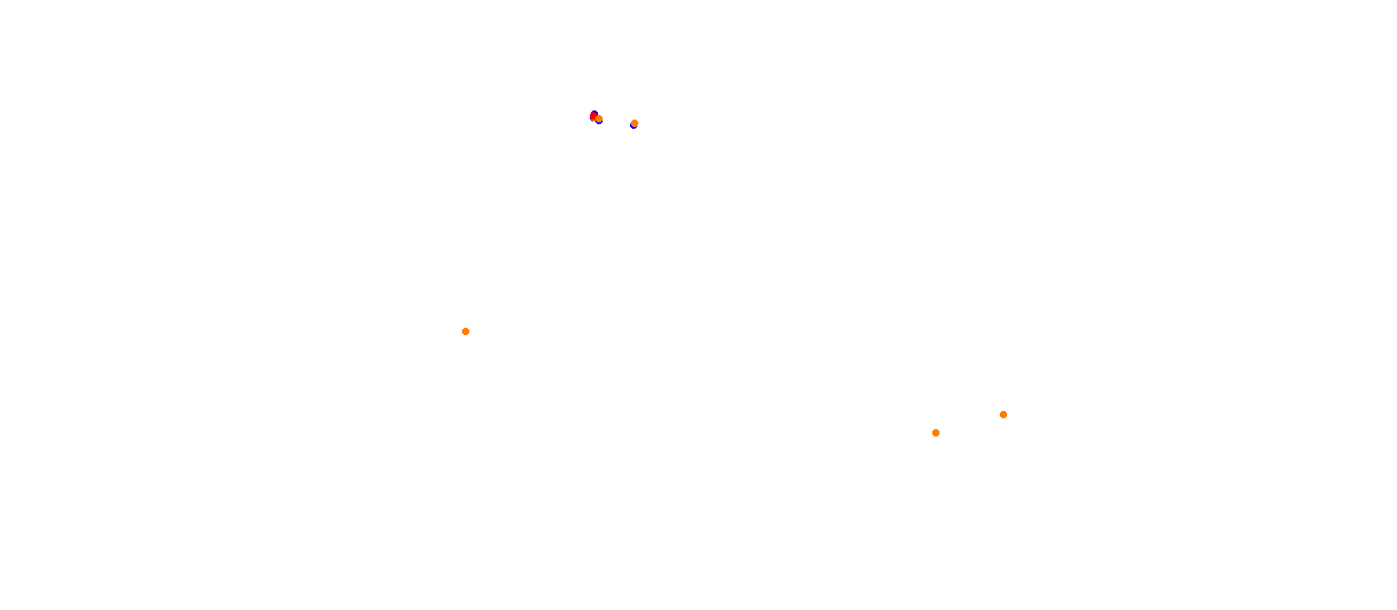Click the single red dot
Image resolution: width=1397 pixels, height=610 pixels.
pyautogui.click(x=593, y=116)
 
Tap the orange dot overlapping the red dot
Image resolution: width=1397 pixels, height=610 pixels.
pyautogui.click(x=599, y=119)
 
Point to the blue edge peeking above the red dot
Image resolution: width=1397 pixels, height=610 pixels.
pyautogui.click(x=593, y=112)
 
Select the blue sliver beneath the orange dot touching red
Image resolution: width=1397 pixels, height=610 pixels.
pyautogui.click(x=598, y=122)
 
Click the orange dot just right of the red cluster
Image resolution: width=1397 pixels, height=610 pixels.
pyautogui.click(x=635, y=123)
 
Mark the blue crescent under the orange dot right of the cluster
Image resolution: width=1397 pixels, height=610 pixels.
pyautogui.click(x=633, y=126)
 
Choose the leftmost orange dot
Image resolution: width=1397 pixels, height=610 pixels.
pyautogui.click(x=466, y=331)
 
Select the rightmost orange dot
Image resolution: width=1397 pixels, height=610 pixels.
pyautogui.click(x=1003, y=415)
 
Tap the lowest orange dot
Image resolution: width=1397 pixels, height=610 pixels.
pyautogui.click(x=936, y=433)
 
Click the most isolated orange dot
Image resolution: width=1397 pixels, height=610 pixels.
pyautogui.click(x=466, y=331)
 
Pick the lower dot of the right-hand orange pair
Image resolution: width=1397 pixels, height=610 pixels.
pyautogui.click(x=936, y=433)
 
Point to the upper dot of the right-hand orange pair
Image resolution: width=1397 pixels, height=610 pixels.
pyautogui.click(x=1003, y=415)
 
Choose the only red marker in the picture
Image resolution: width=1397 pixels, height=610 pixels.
pyautogui.click(x=593, y=116)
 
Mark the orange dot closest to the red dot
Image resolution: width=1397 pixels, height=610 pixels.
pyautogui.click(x=599, y=119)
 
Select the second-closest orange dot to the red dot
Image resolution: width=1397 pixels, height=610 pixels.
pyautogui.click(x=635, y=123)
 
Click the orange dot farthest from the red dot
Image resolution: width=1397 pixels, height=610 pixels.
pyautogui.click(x=1003, y=415)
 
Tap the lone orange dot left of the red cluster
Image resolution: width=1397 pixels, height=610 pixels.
pyautogui.click(x=466, y=331)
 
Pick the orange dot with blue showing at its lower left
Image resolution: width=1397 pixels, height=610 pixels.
pyautogui.click(x=635, y=123)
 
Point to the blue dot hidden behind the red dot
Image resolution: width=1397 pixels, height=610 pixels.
pyautogui.click(x=593, y=112)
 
